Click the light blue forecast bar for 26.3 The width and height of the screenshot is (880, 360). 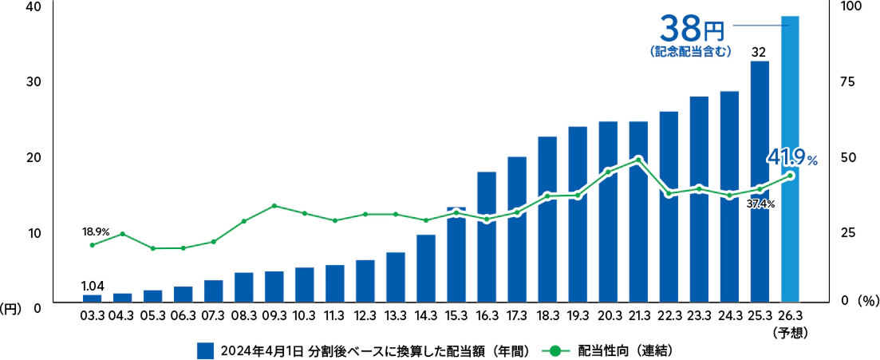790,160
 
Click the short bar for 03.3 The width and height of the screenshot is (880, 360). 93,299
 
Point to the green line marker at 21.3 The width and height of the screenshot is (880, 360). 638,160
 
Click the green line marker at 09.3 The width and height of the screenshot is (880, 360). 274,206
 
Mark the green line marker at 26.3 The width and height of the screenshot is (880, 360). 790,176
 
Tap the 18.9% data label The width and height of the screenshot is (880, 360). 96,231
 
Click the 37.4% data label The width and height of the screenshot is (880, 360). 761,204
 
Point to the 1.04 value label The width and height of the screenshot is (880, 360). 93,284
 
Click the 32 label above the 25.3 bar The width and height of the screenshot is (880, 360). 760,52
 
